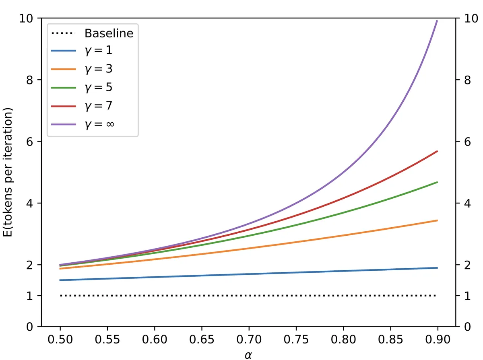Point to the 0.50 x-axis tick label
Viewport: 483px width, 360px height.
click(x=60, y=340)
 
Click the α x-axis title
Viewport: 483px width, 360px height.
click(x=249, y=354)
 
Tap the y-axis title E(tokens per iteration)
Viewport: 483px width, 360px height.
click(x=9, y=173)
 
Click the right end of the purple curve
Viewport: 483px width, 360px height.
click(x=437, y=21)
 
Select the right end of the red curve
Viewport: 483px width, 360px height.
click(x=437, y=151)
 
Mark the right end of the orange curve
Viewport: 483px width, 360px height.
click(x=437, y=220)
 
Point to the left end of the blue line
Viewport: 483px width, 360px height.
click(x=60, y=280)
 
